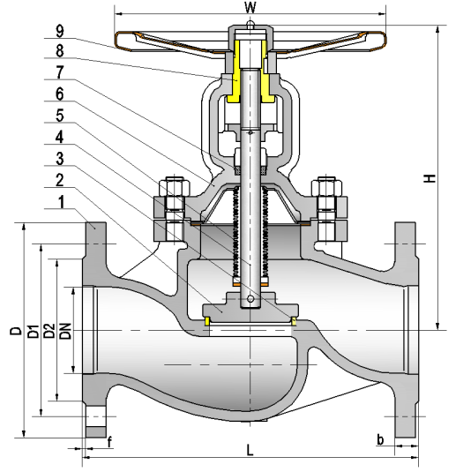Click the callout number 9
(60, 31)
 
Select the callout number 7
(60, 72)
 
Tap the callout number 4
(60, 138)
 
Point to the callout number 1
(61, 202)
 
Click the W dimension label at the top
(250, 7)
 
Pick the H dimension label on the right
(430, 178)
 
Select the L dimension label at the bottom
(250, 450)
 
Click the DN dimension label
(65, 331)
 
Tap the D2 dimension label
(49, 331)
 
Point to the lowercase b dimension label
(380, 439)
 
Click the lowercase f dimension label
(109, 442)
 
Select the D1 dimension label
(34, 331)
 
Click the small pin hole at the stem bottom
(250, 299)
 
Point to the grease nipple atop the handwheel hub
(250, 25)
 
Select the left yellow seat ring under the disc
(206, 321)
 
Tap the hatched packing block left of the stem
(237, 171)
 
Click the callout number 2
(60, 180)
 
